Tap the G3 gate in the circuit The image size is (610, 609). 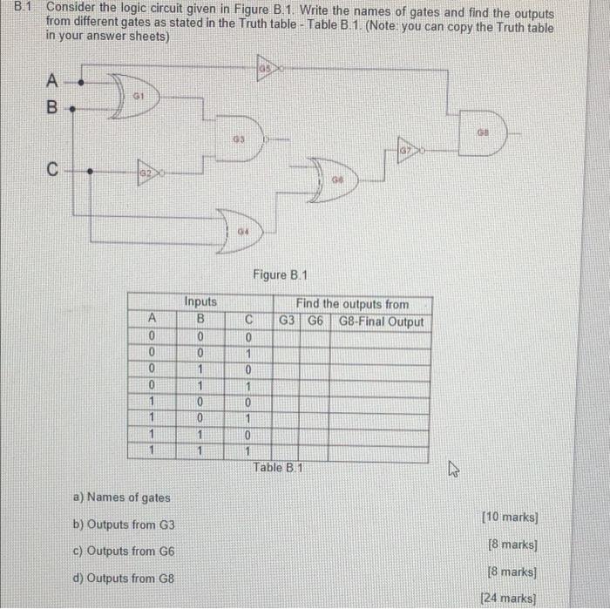240,138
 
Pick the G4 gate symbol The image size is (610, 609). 243,226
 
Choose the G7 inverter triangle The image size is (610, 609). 408,150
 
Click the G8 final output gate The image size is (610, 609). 481,133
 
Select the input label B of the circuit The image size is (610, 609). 51,111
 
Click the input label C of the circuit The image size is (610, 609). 52,170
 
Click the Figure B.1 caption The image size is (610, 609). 281,275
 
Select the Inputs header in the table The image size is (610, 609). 200,302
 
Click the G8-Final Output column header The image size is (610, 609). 381,321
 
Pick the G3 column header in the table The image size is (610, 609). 288,321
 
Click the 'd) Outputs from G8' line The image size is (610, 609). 125,578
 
